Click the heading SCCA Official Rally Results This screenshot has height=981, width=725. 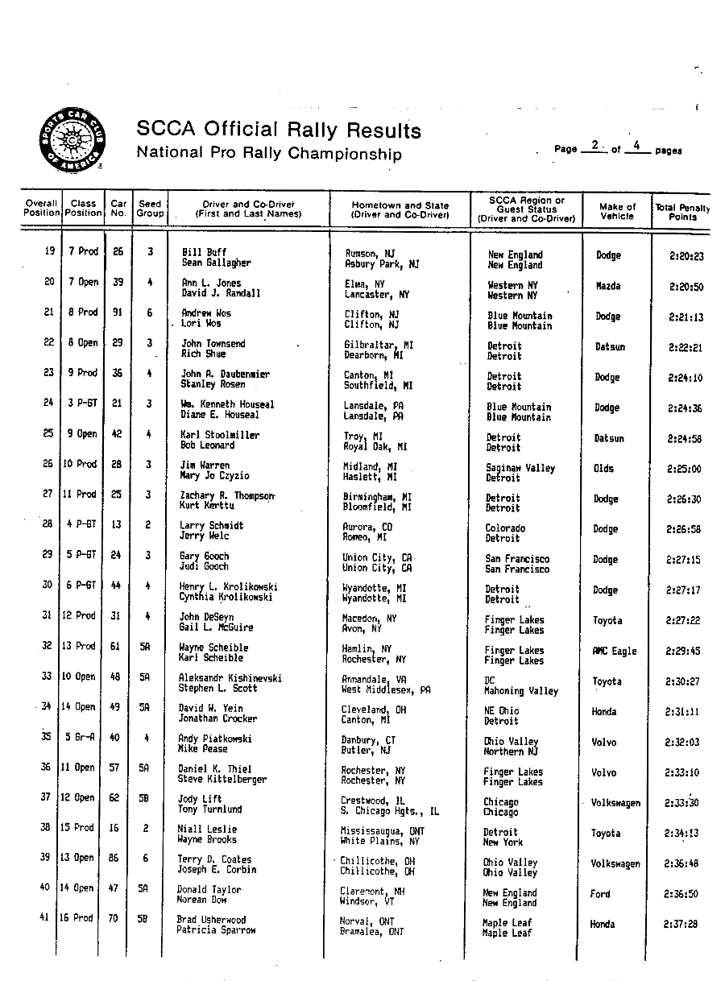[x=279, y=130]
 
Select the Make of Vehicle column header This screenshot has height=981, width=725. [x=617, y=212]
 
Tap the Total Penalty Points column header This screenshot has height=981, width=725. [x=682, y=212]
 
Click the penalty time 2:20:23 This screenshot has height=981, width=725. [x=686, y=257]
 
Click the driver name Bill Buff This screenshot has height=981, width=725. [x=204, y=252]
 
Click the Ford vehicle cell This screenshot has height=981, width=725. [x=600, y=894]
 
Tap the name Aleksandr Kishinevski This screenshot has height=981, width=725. [x=230, y=678]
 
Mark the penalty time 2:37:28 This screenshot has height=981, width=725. [x=681, y=925]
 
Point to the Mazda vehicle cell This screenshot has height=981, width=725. [x=608, y=286]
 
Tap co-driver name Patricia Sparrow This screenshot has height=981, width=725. [x=216, y=930]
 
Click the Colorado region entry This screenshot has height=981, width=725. [x=505, y=528]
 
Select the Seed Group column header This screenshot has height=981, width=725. [x=150, y=209]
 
